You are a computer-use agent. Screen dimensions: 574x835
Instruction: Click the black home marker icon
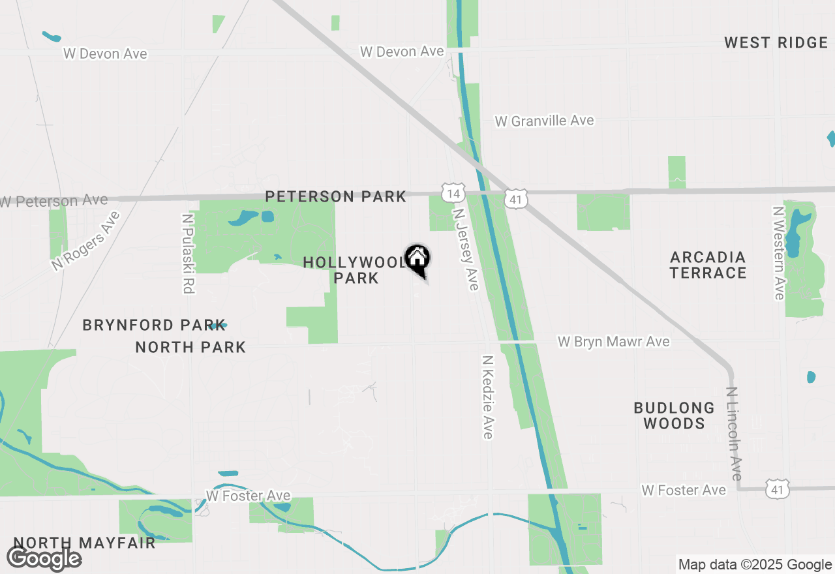pos(417,259)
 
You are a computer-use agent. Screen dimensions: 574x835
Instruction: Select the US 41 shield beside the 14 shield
pos(516,198)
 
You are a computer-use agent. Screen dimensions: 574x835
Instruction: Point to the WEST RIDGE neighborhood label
pos(776,43)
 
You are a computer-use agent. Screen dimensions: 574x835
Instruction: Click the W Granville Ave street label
pos(545,121)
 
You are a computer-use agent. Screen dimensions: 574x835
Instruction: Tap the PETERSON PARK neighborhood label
pos(335,196)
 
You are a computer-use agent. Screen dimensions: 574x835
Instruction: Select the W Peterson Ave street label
pos(54,201)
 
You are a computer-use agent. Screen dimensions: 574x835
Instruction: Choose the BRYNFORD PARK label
pos(145,325)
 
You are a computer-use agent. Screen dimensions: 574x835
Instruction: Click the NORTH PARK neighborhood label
pos(190,347)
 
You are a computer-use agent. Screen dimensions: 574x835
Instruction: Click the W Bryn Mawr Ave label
pos(613,342)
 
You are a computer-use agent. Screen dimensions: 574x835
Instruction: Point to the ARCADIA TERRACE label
pos(708,265)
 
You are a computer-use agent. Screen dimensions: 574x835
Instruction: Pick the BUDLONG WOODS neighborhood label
pos(674,415)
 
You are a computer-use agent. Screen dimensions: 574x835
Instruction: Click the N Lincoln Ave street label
pos(735,434)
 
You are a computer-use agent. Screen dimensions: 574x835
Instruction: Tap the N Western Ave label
pos(778,253)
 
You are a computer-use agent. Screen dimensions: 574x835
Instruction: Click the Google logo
pos(44,558)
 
